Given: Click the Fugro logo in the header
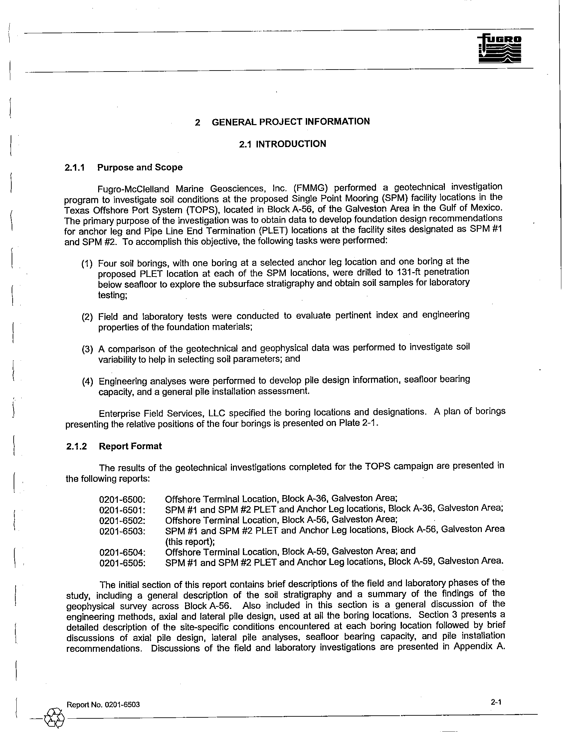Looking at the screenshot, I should click(x=500, y=49).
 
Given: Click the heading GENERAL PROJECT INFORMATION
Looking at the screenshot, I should click(x=290, y=122).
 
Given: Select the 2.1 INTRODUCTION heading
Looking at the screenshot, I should click(x=282, y=144).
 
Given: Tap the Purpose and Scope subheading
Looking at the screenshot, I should click(x=140, y=167).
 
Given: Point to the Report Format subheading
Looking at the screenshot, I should click(x=130, y=446).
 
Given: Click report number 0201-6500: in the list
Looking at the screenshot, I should click(x=122, y=499).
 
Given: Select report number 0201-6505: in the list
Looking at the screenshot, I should click(x=122, y=563).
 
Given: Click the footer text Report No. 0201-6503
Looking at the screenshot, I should click(x=103, y=704).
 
